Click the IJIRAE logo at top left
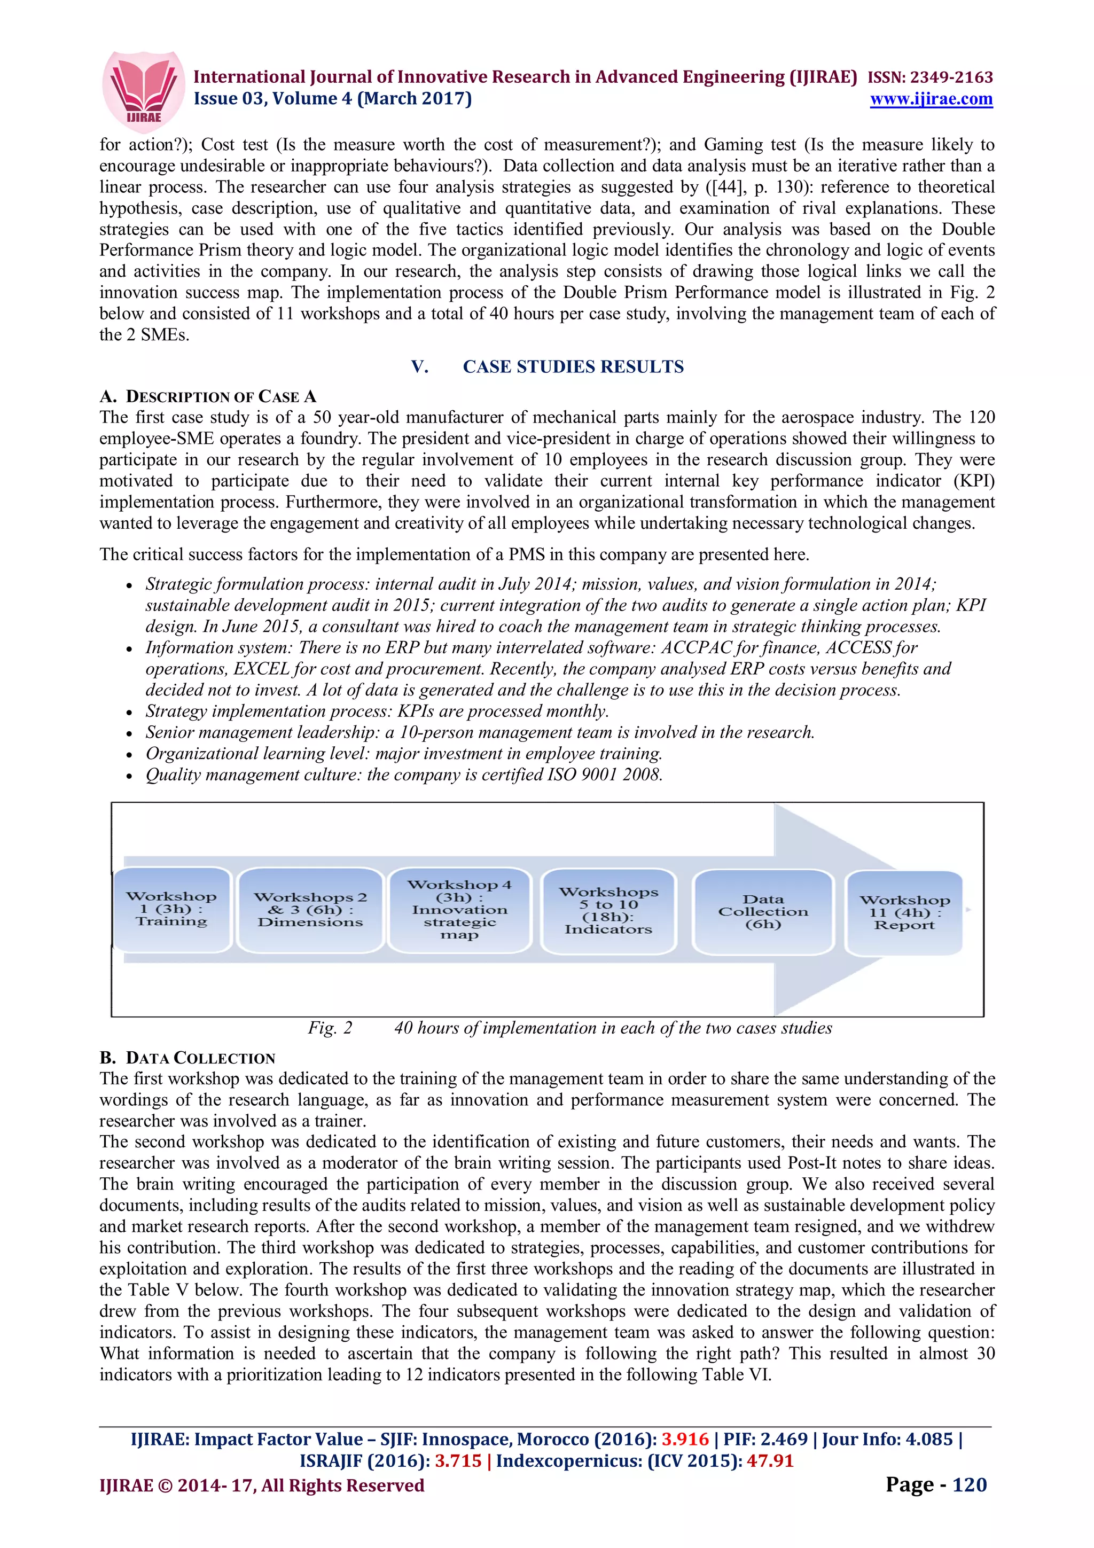pyautogui.click(x=143, y=91)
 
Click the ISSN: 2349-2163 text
pyautogui.click(x=929, y=77)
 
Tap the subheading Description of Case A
pyautogui.click(x=208, y=396)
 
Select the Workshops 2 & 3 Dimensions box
pyautogui.click(x=310, y=910)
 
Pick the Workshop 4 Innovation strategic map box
pyautogui.click(x=460, y=910)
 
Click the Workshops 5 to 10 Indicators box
pyautogui.click(x=608, y=910)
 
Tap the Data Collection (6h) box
pyautogui.click(x=763, y=911)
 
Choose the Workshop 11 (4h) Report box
pyautogui.click(x=904, y=912)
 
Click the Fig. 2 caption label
pyautogui.click(x=330, y=1028)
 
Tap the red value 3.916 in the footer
pyautogui.click(x=684, y=1440)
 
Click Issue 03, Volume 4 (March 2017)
pyautogui.click(x=332, y=99)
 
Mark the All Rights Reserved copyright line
pyautogui.click(x=262, y=1486)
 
